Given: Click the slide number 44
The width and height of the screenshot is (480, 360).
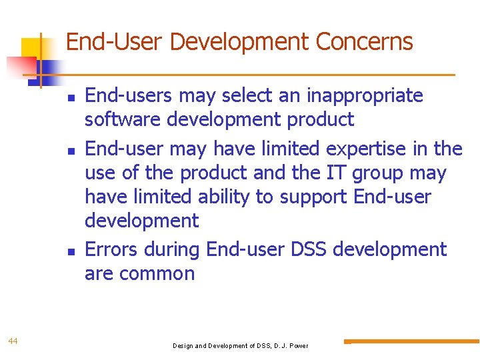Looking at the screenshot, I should [x=13, y=341].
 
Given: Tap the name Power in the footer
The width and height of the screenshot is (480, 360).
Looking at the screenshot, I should [x=298, y=346].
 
